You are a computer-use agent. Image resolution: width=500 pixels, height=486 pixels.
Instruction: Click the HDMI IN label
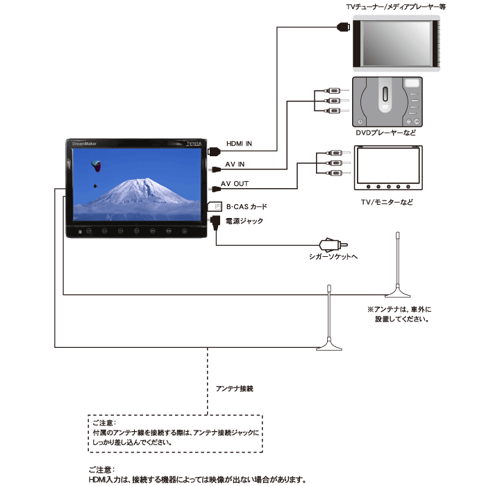click(239, 144)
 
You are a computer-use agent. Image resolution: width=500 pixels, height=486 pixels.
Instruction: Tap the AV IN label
click(235, 165)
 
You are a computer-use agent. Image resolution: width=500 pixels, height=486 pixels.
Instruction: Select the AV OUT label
click(235, 184)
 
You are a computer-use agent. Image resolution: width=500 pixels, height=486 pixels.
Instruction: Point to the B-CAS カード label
click(247, 207)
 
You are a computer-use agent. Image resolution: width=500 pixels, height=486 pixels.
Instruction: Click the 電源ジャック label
click(244, 221)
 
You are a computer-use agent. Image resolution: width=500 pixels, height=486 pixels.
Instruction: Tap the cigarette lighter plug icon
click(333, 245)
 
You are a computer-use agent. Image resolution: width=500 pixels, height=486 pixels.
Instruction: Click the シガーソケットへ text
click(333, 256)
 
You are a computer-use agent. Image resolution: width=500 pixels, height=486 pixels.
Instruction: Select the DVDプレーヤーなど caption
click(385, 133)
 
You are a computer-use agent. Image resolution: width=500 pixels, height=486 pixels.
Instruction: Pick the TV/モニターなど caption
click(387, 202)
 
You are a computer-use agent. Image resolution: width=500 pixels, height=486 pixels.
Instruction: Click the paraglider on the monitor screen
click(96, 167)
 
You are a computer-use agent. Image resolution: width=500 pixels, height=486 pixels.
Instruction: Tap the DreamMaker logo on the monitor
click(84, 144)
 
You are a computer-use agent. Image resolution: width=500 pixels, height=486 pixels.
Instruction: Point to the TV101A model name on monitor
click(194, 144)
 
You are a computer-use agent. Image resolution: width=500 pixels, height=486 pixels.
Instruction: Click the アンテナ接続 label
click(235, 388)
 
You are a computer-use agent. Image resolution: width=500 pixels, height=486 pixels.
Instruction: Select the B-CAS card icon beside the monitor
click(215, 206)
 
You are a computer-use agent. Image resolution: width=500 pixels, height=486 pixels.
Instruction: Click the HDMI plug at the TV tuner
click(344, 26)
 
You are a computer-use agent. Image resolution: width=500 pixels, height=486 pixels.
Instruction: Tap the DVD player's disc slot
click(385, 94)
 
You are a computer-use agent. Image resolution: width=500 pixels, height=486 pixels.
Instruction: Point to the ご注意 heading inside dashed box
click(104, 423)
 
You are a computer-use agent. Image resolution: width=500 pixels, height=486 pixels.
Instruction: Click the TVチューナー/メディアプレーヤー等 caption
click(396, 7)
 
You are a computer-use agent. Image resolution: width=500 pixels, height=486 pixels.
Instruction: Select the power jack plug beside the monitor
click(215, 222)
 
